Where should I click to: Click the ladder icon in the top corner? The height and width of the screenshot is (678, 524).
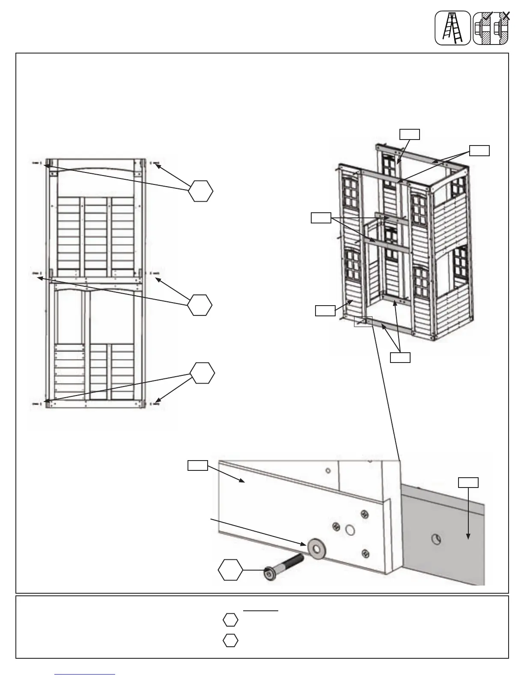click(x=453, y=28)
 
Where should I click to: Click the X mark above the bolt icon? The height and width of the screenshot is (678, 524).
click(x=506, y=16)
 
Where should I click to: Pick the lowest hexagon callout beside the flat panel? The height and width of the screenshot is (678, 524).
click(x=202, y=373)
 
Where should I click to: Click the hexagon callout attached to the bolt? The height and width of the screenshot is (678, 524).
click(x=230, y=570)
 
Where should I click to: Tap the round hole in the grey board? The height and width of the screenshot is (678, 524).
click(x=436, y=540)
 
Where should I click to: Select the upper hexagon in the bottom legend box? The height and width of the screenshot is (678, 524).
click(x=230, y=620)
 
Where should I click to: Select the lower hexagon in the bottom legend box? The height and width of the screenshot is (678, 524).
click(x=230, y=640)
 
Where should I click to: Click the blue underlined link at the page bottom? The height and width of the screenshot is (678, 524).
click(x=85, y=674)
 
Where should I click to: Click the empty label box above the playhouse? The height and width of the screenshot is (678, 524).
click(x=409, y=134)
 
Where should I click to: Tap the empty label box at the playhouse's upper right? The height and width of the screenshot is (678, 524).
click(x=479, y=150)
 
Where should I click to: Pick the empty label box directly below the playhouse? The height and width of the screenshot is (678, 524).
click(x=400, y=357)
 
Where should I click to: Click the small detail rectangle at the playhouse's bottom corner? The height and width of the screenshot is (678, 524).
click(x=363, y=321)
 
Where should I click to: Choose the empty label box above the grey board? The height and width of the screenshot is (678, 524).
click(x=468, y=482)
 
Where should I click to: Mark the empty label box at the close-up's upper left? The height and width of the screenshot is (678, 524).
click(x=198, y=465)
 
